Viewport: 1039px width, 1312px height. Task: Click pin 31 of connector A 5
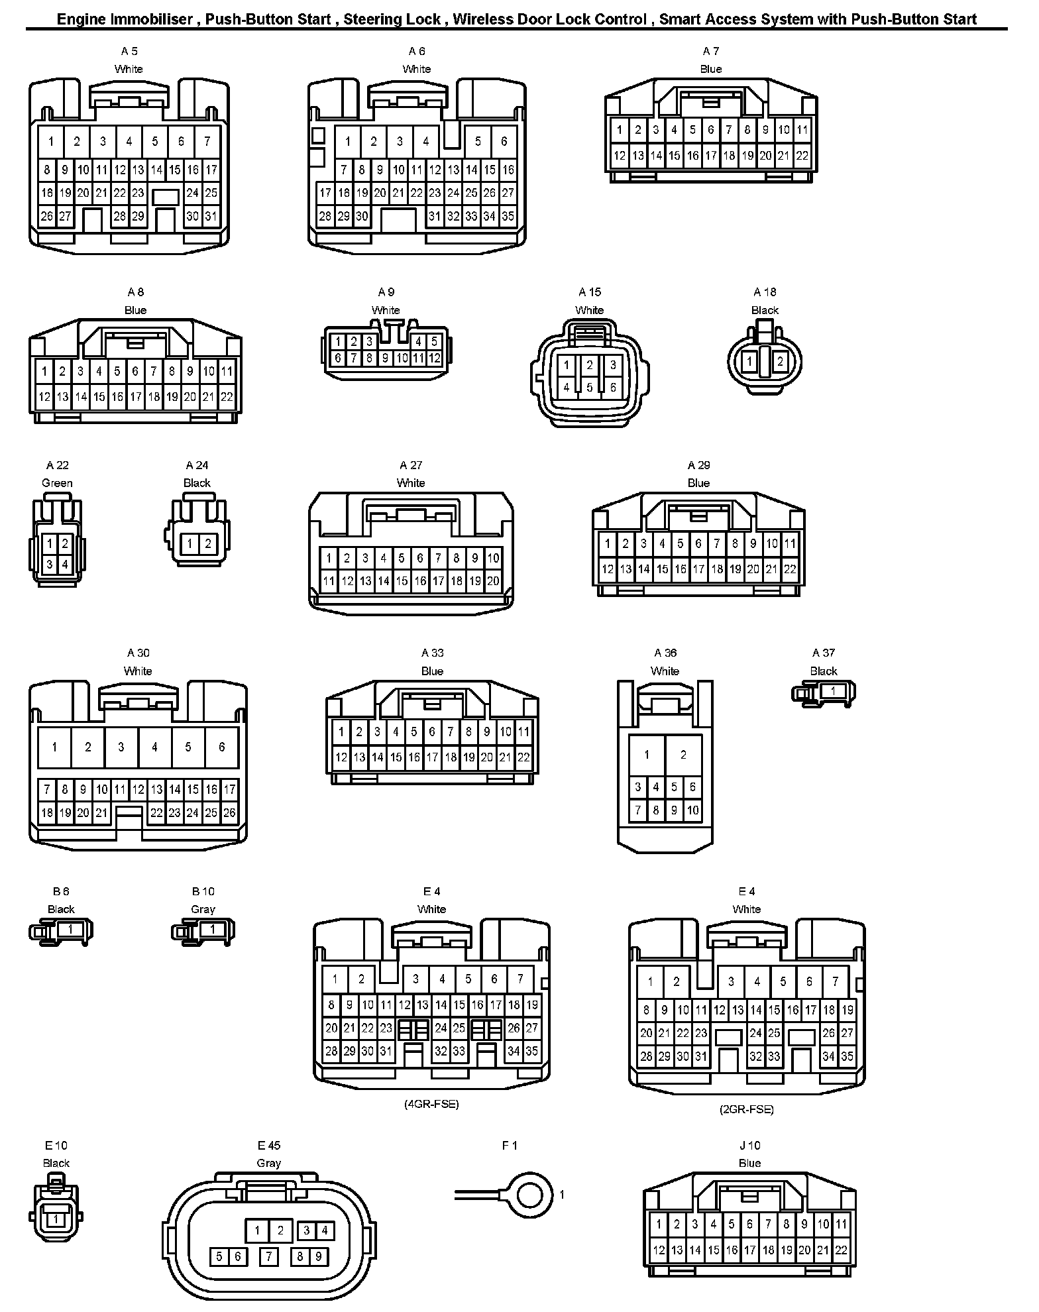[x=211, y=216]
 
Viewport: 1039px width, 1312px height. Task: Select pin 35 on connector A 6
[x=508, y=216]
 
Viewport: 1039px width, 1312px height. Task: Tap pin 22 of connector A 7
[x=802, y=156]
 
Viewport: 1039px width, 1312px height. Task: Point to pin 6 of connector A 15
[x=613, y=388]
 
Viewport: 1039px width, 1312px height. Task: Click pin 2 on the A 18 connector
[x=780, y=362]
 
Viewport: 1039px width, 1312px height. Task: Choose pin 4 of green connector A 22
[x=65, y=565]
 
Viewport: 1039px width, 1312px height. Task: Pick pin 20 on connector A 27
[x=493, y=581]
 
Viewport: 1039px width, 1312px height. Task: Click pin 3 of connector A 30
[x=121, y=747]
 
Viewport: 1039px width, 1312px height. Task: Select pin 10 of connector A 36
[x=692, y=810]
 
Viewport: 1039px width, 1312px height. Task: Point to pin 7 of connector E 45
[x=268, y=1256]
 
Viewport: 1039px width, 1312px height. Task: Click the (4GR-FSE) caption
[x=431, y=1104]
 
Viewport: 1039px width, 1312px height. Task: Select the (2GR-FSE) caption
[x=746, y=1109]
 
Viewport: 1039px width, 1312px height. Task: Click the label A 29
[x=698, y=465]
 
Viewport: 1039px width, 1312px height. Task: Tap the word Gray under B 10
[x=203, y=909]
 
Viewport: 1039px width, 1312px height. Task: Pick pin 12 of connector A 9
[x=434, y=358]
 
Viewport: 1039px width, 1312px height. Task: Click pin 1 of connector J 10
[x=659, y=1225]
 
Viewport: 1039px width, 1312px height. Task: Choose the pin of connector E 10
[x=56, y=1219]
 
